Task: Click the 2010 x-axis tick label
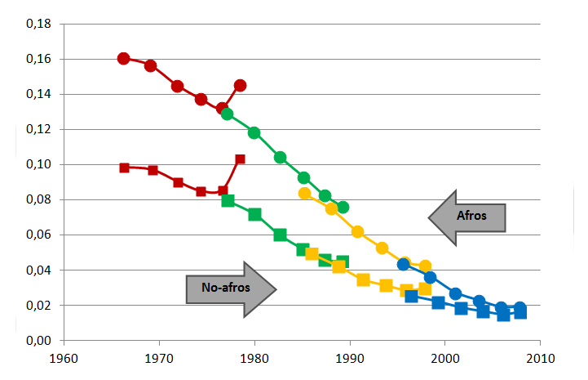[x=540, y=358]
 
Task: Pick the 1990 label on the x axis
[x=350, y=358]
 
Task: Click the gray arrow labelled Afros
[x=467, y=217]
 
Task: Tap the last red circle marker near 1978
[x=240, y=85]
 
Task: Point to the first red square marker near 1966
[x=125, y=168]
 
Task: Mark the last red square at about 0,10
[x=240, y=159]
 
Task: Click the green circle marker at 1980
[x=254, y=132]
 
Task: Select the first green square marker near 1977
[x=228, y=200]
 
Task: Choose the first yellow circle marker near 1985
[x=305, y=194]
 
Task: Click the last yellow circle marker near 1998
[x=425, y=266]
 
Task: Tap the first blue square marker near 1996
[x=412, y=296]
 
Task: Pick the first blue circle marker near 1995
[x=404, y=264]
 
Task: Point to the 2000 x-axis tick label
[x=444, y=358]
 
